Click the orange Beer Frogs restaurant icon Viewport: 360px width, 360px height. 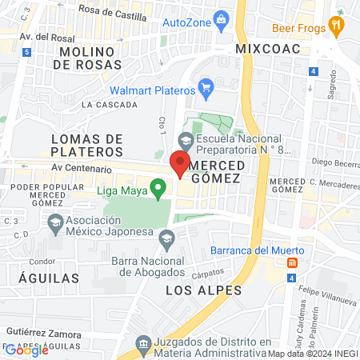coord(337,26)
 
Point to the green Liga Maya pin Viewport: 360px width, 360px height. coord(158,189)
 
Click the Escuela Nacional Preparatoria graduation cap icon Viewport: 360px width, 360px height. coord(186,140)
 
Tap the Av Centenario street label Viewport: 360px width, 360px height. coord(80,169)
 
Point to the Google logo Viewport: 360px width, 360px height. coord(26,350)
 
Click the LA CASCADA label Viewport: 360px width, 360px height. coord(110,104)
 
